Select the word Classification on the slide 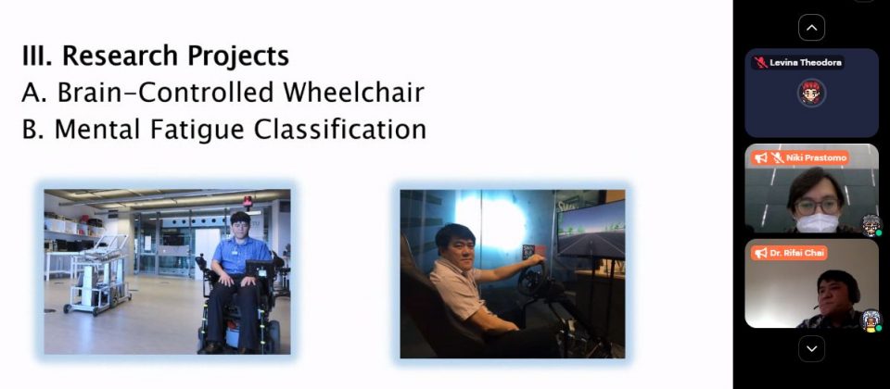point(340,129)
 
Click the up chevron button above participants point(812,28)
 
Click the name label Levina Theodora point(806,62)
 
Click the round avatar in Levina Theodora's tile point(812,93)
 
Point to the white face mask point(818,223)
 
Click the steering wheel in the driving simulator point(531,279)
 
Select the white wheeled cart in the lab point(97,274)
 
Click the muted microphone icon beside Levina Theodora point(760,62)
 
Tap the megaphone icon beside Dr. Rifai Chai point(761,253)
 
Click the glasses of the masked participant point(817,207)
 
